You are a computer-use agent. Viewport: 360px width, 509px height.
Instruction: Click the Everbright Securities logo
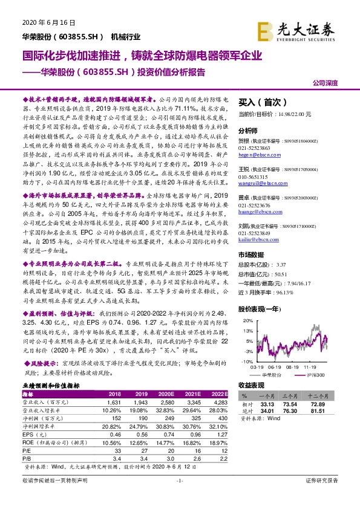tap(297, 28)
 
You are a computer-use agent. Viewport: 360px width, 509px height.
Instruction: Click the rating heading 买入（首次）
tap(260, 102)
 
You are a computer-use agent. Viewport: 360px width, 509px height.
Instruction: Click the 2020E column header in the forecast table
tap(165, 394)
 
